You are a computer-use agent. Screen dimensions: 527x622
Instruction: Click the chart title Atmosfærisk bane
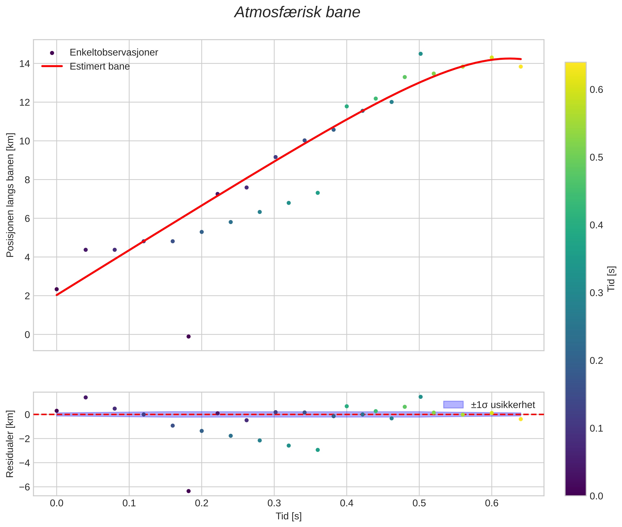point(297,12)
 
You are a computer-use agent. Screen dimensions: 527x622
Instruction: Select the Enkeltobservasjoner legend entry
point(114,53)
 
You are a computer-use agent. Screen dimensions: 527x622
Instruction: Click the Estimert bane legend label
point(100,66)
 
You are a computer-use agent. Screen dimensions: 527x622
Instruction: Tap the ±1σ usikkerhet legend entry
point(503,405)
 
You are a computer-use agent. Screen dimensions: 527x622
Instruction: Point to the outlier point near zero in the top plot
point(188,336)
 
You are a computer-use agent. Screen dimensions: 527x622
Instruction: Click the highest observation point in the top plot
point(420,54)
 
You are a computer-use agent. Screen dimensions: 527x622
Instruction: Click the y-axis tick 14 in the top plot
point(24,64)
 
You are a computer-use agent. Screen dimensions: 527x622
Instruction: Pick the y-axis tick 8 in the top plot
point(27,180)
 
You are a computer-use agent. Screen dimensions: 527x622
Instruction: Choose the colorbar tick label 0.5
point(596,157)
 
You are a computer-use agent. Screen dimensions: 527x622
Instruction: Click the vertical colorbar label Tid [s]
point(611,279)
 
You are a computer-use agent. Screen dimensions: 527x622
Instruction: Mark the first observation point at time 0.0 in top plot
point(57,289)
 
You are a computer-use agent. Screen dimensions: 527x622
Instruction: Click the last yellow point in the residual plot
point(520,419)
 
